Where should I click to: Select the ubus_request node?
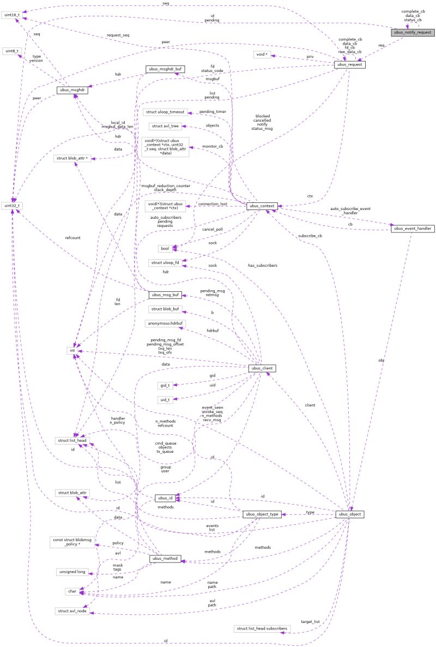tap(349, 65)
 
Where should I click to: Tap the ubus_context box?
tap(263, 206)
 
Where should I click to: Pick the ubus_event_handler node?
tap(413, 228)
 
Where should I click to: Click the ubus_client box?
tap(262, 369)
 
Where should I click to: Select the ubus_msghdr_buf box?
tap(162, 70)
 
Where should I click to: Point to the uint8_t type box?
tap(10, 50)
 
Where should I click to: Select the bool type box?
tap(165, 248)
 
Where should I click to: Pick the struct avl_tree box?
tap(165, 126)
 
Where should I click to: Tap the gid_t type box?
tap(165, 385)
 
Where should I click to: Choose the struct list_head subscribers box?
tap(262, 629)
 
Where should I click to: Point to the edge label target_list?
tap(310, 621)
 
